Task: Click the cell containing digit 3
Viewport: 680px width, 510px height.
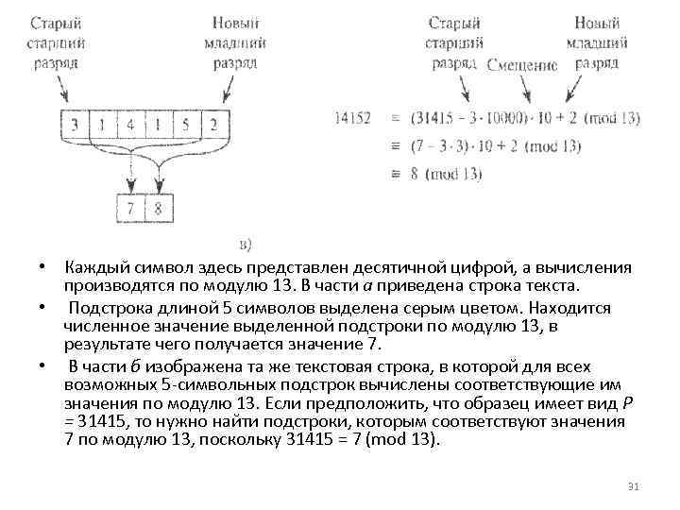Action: (x=73, y=123)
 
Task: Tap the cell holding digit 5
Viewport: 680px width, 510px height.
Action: (x=187, y=123)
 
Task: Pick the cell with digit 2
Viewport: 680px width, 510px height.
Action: (x=214, y=123)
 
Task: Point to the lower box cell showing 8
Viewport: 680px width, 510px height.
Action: (x=158, y=207)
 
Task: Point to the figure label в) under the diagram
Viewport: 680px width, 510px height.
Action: (x=245, y=245)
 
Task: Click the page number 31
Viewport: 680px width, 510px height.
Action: (x=634, y=486)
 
